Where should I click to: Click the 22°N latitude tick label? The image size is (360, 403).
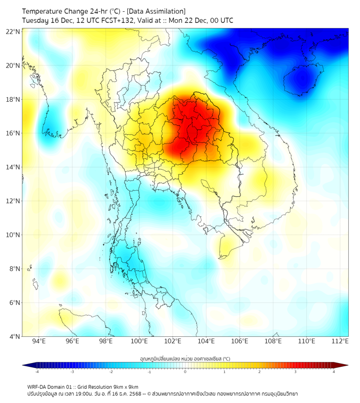click(13, 31)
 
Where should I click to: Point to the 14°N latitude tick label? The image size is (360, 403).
click(13, 167)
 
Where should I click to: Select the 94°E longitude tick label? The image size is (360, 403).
click(39, 342)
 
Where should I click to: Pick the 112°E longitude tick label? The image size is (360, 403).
click(340, 342)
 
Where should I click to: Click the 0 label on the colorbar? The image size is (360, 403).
click(185, 372)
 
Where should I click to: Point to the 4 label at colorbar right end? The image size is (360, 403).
click(334, 372)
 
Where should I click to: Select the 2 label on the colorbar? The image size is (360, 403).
click(260, 372)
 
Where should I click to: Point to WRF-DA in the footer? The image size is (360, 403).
click(38, 386)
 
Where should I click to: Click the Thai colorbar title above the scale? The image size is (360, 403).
click(185, 359)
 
